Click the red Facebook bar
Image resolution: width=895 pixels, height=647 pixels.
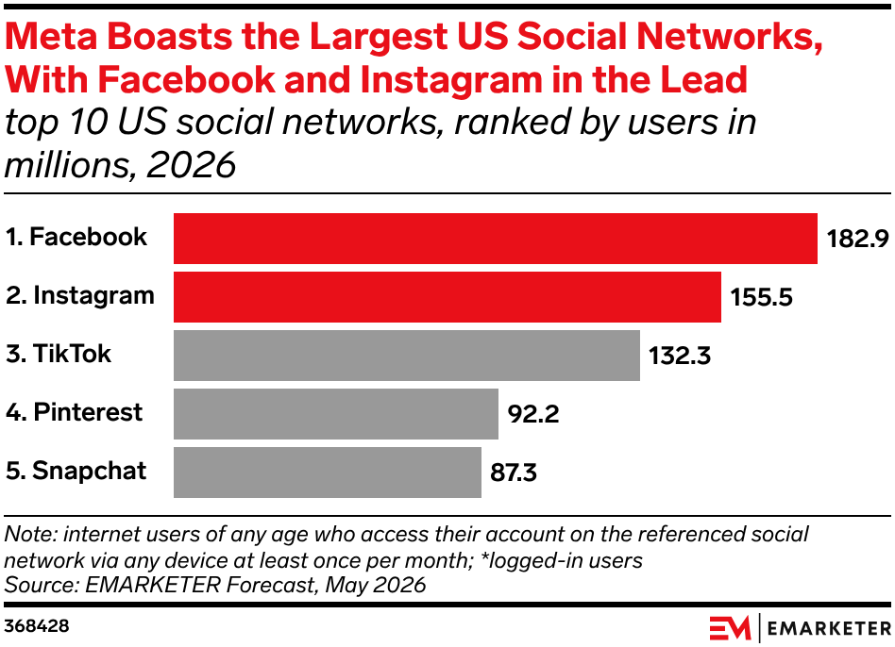point(496,239)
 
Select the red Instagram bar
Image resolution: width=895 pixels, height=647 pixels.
point(447,297)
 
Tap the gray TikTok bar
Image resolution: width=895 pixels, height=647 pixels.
point(407,356)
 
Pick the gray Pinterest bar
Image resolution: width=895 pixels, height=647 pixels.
point(336,414)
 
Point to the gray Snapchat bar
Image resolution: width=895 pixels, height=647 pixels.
point(328,473)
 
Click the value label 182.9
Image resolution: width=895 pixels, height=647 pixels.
point(858,239)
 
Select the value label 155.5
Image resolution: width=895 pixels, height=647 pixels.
point(762,297)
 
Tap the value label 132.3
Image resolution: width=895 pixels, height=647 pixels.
point(680,356)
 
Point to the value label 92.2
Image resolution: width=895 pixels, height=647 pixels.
point(533,414)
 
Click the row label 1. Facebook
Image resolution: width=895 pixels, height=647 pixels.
point(76,237)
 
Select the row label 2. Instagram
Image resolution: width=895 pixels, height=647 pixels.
point(80,296)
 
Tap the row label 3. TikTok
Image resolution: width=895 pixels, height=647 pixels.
point(59,354)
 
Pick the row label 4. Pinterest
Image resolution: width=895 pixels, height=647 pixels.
point(75,412)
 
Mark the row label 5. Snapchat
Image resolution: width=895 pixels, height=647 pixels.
point(76,472)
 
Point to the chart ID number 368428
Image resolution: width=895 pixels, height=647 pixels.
point(37,626)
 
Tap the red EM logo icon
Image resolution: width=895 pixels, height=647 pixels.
point(730,628)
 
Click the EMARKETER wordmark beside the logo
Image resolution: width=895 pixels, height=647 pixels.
point(829,629)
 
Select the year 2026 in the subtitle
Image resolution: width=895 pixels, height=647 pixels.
point(191,165)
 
